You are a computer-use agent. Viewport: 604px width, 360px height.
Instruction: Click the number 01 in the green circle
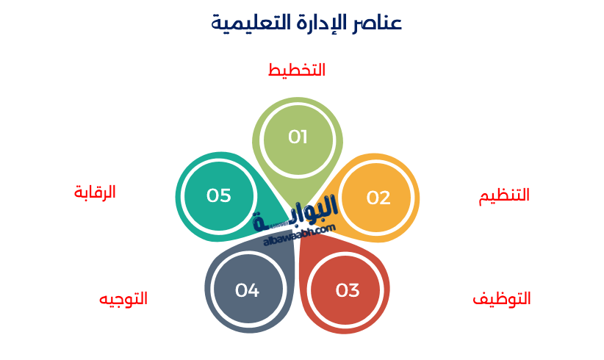click(x=298, y=137)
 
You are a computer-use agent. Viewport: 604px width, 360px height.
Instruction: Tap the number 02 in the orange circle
click(x=378, y=198)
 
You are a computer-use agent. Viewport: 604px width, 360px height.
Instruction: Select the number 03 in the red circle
click(x=348, y=290)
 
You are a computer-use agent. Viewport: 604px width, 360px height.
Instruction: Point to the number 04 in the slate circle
click(x=247, y=290)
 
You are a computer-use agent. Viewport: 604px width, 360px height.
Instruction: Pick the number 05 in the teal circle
click(x=219, y=195)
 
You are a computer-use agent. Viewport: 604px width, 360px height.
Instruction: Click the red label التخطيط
click(x=297, y=71)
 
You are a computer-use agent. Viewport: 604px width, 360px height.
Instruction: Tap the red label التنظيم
click(x=504, y=195)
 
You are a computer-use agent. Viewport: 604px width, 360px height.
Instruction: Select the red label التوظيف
click(x=502, y=299)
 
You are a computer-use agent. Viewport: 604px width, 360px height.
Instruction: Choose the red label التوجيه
click(x=123, y=299)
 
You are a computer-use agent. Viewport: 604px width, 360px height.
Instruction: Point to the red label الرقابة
click(x=95, y=192)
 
